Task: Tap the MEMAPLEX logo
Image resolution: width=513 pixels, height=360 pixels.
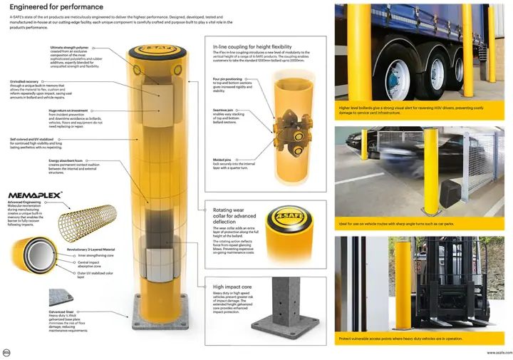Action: point(35,194)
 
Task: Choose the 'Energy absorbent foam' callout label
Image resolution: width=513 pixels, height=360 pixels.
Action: point(59,161)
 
